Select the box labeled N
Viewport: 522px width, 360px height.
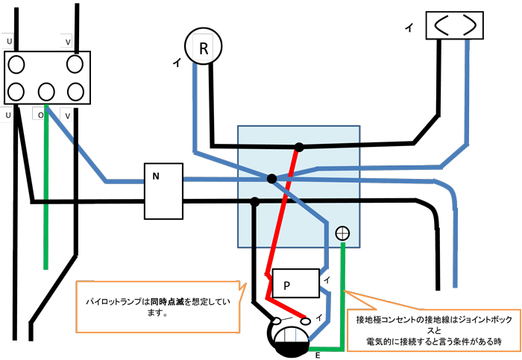click(x=163, y=191)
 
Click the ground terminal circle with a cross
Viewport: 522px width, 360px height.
click(x=342, y=233)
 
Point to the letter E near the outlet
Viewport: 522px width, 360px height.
click(x=318, y=356)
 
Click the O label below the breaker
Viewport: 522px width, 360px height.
click(x=40, y=116)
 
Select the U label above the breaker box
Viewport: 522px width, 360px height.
click(x=9, y=42)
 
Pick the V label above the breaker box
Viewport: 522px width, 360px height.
click(x=68, y=42)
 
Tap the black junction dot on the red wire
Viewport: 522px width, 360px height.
click(x=298, y=147)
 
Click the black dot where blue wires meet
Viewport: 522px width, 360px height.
click(x=271, y=179)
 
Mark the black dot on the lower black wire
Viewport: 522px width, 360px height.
click(x=255, y=201)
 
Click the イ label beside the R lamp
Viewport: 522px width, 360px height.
click(x=175, y=65)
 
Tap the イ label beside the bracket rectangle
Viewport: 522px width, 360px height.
click(x=408, y=28)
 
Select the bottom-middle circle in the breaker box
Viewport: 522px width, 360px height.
click(x=46, y=92)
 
